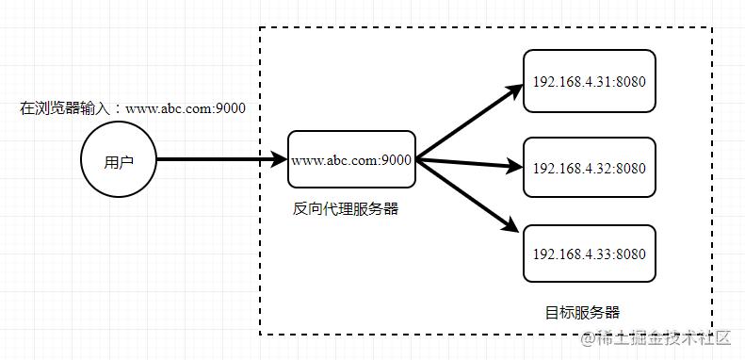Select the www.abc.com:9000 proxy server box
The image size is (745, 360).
351,159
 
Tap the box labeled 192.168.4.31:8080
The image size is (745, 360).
589,81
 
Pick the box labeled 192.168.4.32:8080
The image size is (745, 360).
589,169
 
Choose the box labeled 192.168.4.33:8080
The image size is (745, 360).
589,254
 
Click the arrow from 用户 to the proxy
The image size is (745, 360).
221,160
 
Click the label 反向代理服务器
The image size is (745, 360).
346,209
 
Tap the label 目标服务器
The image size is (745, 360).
583,312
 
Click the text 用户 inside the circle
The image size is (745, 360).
119,161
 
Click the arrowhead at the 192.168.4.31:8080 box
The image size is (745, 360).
513,91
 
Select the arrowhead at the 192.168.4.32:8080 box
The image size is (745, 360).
514,170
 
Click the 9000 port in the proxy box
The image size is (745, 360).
397,160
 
